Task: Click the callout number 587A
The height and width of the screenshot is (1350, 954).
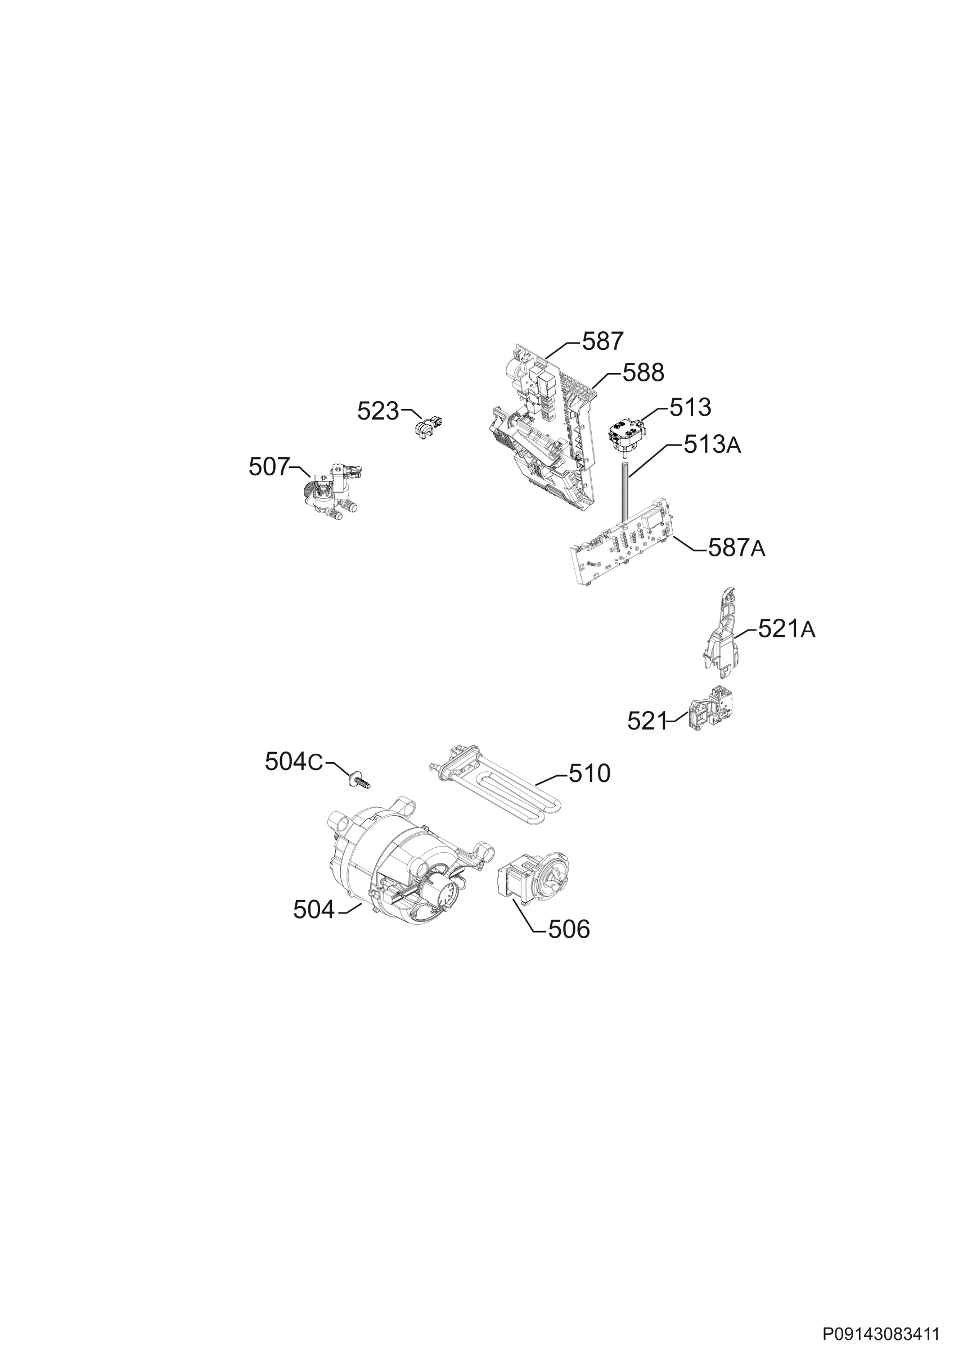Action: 736,548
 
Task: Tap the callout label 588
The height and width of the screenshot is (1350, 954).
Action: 643,373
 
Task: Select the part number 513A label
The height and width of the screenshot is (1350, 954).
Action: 712,445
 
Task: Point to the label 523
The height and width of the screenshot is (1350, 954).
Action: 378,412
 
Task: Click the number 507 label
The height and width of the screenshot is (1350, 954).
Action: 269,467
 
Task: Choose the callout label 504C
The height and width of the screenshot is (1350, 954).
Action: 294,762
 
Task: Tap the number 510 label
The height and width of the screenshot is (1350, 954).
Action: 589,774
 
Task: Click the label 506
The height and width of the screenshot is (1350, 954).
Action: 569,930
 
